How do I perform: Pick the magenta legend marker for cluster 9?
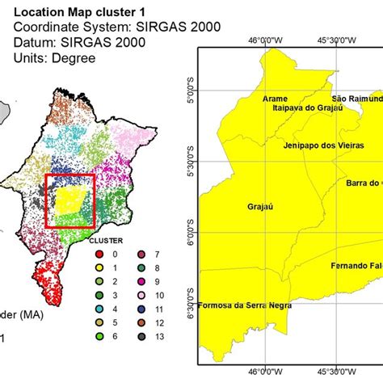pos(142,281)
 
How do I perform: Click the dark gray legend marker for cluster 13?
pos(142,335)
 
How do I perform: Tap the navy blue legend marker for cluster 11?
pos(142,308)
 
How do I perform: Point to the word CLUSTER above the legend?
pos(105,240)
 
